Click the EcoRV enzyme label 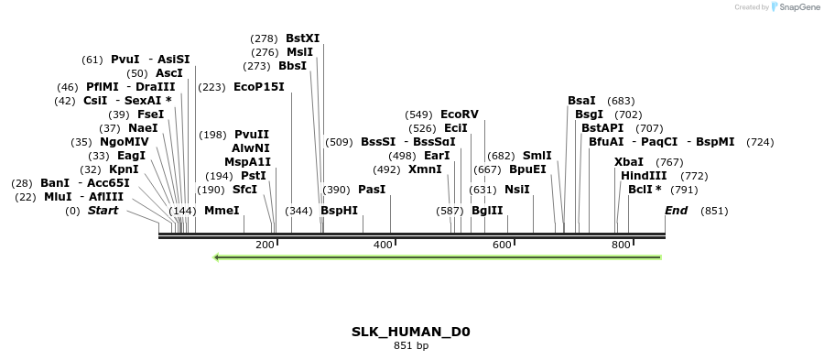click(x=459, y=115)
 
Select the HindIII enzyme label click(x=644, y=175)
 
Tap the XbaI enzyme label click(x=629, y=162)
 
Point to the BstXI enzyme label click(x=303, y=38)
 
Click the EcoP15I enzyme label click(x=259, y=87)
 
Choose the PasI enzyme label click(x=372, y=190)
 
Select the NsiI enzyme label click(x=517, y=190)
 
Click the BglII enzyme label click(x=487, y=211)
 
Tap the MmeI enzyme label click(x=222, y=211)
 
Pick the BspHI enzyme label click(x=339, y=211)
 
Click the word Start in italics click(x=103, y=211)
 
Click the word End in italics click(x=676, y=211)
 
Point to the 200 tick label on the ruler click(x=265, y=245)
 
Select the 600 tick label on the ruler click(x=502, y=245)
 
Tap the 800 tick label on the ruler click(x=621, y=245)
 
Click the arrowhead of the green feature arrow click(x=217, y=257)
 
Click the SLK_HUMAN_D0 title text click(x=411, y=332)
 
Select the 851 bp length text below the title click(x=411, y=346)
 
